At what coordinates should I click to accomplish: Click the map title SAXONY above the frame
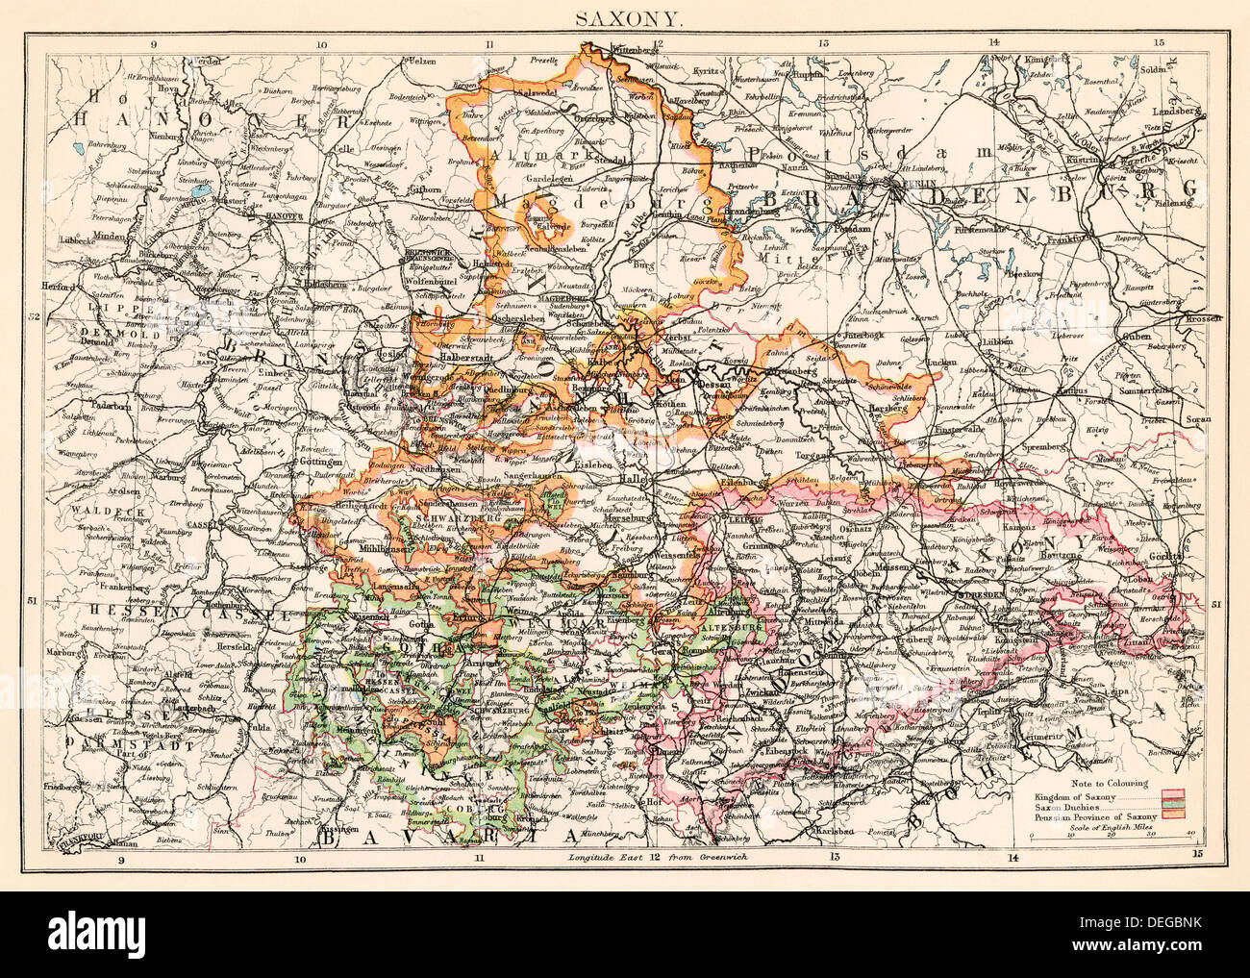(625, 16)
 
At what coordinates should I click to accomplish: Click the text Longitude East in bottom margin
(601, 857)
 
